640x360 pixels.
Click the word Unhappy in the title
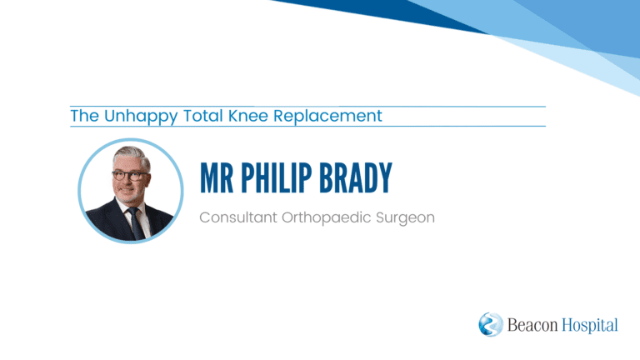click(141, 117)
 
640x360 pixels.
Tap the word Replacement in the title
click(327, 117)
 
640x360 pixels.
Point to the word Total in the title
click(202, 116)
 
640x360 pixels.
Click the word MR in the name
click(217, 177)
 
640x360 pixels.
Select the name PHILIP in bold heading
click(277, 177)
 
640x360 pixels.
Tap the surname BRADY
click(356, 177)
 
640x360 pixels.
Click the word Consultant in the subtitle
click(238, 217)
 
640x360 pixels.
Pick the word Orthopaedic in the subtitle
click(326, 217)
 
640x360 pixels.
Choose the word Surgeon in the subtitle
click(405, 218)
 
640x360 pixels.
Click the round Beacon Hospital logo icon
click(491, 324)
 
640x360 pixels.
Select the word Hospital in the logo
click(590, 326)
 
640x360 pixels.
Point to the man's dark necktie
click(136, 222)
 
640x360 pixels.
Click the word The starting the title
click(84, 116)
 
